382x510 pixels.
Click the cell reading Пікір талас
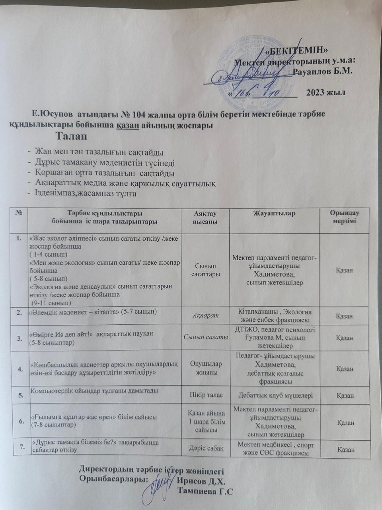tap(205, 395)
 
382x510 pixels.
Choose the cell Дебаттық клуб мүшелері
tap(275, 395)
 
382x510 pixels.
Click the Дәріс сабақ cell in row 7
tap(205, 449)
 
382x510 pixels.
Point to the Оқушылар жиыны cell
tap(205, 368)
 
